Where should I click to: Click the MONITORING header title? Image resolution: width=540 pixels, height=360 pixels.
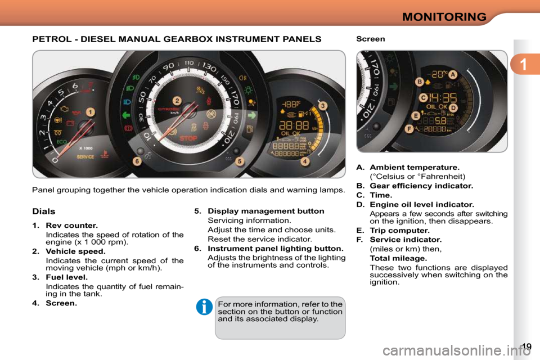tap(444, 16)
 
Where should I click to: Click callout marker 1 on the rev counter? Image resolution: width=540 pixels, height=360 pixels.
tap(90, 112)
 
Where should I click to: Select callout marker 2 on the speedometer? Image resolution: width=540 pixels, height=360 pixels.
tap(177, 101)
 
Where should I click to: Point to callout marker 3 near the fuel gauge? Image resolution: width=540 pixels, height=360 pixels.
tap(323, 105)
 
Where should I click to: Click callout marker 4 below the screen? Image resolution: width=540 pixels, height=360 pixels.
tap(304, 161)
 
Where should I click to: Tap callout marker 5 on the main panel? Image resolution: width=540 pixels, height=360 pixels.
tap(240, 161)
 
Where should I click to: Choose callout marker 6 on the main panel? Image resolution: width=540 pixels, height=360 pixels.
tap(136, 161)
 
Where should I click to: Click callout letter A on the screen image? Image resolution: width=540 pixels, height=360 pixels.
tap(453, 75)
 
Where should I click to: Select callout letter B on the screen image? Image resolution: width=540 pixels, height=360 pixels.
tap(419, 82)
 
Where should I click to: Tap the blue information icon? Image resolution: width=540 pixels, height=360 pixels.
tap(204, 307)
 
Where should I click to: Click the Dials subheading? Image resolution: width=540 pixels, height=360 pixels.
tap(44, 211)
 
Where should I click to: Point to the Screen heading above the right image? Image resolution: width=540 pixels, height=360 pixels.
tap(371, 39)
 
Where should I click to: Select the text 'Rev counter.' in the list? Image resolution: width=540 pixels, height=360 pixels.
tap(71, 226)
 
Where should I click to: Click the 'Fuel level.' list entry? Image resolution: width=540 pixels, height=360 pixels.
tap(66, 277)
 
